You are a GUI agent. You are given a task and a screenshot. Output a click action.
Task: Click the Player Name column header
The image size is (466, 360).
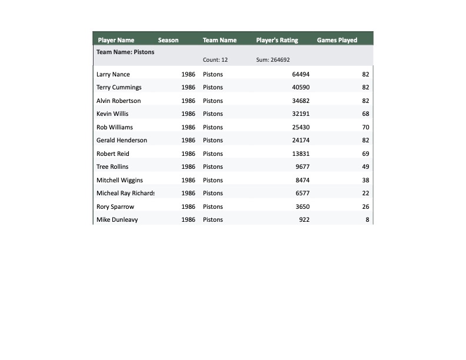(116, 40)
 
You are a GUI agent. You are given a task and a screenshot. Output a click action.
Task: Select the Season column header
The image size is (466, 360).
(168, 40)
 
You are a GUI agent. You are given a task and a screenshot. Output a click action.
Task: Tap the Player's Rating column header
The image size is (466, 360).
(277, 40)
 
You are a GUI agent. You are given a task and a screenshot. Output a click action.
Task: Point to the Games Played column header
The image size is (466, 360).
(337, 40)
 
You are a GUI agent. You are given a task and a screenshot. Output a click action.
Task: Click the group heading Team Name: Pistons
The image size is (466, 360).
(125, 52)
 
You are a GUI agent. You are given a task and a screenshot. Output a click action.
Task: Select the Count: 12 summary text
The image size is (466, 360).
(215, 60)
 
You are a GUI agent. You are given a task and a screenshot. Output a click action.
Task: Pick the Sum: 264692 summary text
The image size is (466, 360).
(273, 60)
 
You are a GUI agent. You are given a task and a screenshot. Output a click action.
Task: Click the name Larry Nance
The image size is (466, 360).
(113, 75)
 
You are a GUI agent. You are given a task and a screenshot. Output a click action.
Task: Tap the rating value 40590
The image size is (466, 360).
(301, 88)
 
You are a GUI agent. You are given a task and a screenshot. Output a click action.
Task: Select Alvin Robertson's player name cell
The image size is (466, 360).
(119, 101)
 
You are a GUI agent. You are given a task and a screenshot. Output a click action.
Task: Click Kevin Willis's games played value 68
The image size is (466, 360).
(365, 114)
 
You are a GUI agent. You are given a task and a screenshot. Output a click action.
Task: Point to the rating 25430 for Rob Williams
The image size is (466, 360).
(301, 128)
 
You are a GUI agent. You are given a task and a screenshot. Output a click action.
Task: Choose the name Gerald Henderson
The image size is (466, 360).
(122, 141)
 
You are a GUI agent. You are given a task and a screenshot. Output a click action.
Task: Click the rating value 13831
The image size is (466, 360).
(301, 154)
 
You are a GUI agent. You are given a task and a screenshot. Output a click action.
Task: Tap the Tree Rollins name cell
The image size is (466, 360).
(112, 167)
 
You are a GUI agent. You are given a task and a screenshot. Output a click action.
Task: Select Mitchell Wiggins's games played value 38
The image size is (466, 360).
(365, 181)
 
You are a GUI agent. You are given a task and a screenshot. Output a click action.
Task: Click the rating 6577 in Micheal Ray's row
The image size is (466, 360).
(302, 194)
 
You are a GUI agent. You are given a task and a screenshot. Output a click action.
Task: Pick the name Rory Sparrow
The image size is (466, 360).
(115, 207)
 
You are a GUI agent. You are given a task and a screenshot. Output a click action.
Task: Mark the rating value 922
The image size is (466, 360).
(304, 220)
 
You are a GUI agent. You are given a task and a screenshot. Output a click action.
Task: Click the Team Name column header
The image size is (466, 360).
(219, 40)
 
